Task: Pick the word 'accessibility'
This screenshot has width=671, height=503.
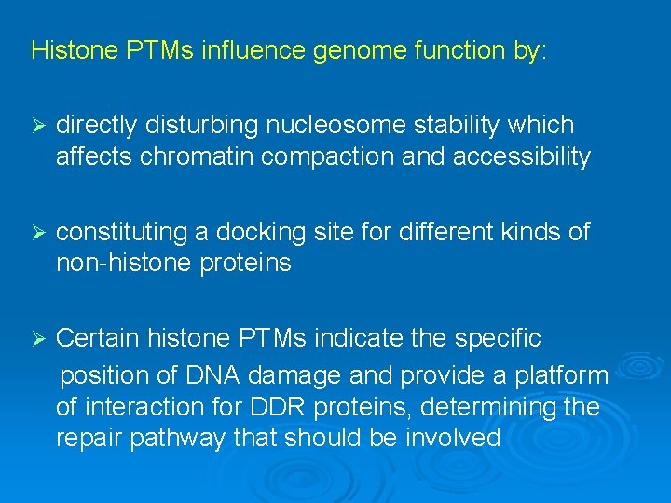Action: point(521,156)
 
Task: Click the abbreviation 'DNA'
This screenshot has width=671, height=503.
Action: point(212,375)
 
